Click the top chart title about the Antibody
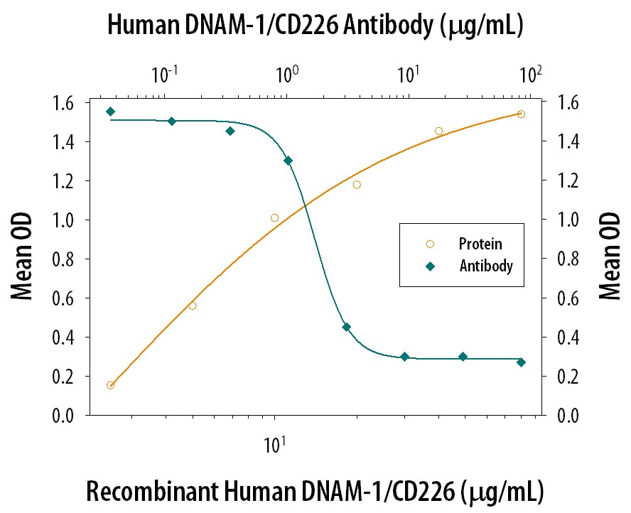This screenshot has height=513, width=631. (x=315, y=26)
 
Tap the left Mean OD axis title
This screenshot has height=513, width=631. (x=24, y=259)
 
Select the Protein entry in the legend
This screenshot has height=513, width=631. (x=480, y=244)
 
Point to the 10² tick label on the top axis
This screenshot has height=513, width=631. (x=529, y=73)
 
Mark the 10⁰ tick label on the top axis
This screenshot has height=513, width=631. (x=286, y=73)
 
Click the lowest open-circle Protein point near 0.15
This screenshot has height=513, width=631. (x=110, y=385)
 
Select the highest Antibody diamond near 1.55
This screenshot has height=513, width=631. (x=110, y=112)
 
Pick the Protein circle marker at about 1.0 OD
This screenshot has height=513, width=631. (x=275, y=217)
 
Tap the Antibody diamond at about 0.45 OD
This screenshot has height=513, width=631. (x=346, y=327)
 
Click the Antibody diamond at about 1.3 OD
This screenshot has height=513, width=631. (x=288, y=161)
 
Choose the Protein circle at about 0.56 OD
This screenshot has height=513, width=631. (x=193, y=306)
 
